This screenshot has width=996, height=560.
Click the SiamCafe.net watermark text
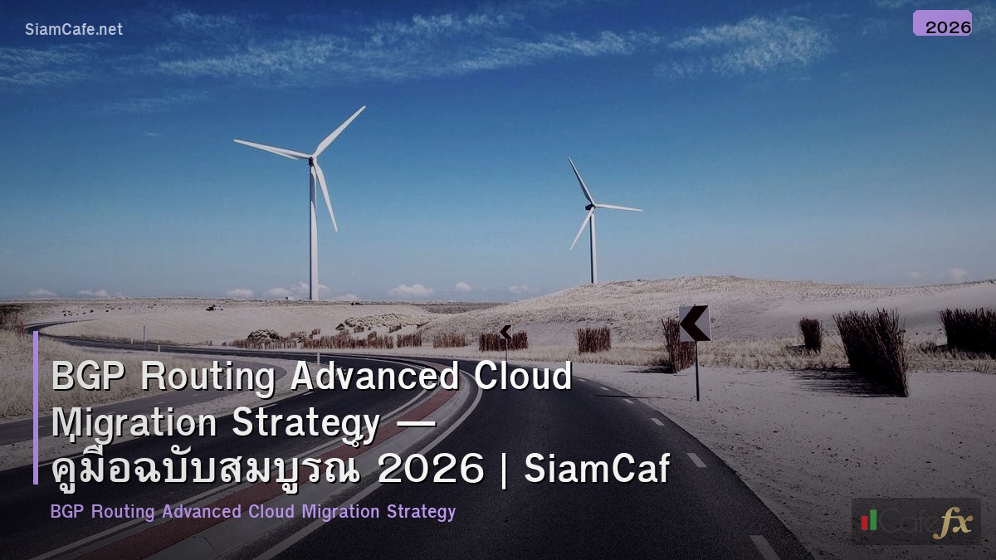click(x=74, y=29)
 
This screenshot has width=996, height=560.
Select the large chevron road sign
click(x=695, y=324)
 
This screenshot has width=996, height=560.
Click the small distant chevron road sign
click(x=505, y=333)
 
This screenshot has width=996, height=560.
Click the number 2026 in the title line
click(x=430, y=470)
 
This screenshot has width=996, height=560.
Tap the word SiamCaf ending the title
click(x=597, y=470)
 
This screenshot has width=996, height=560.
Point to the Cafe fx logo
click(x=915, y=521)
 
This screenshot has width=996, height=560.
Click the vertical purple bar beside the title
click(x=36, y=407)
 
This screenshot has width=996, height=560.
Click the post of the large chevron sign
click(x=697, y=373)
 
